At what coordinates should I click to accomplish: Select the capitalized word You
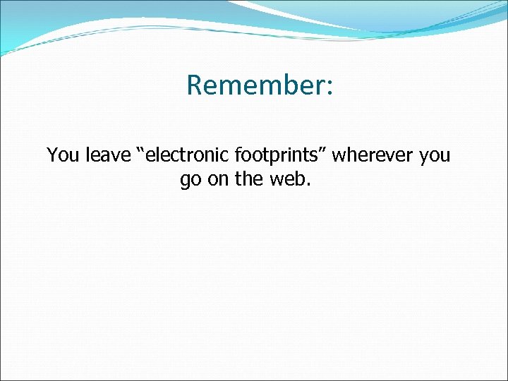pyautogui.click(x=64, y=155)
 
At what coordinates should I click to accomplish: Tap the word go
pyautogui.click(x=190, y=181)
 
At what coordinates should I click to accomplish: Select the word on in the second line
pyautogui.click(x=219, y=180)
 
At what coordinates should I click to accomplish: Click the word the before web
pyautogui.click(x=248, y=179)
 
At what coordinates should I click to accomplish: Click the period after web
pyautogui.click(x=307, y=186)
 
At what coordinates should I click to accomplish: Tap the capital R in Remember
pyautogui.click(x=194, y=85)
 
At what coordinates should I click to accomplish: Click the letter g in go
pyautogui.click(x=186, y=181)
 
